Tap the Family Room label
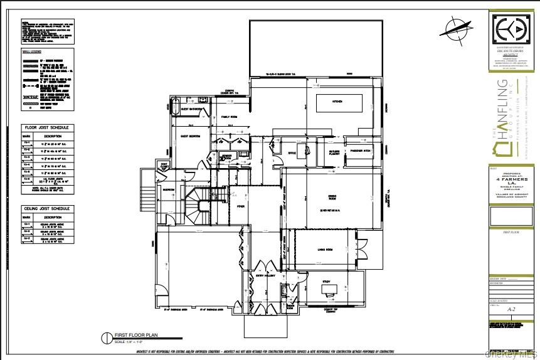coord(229,117)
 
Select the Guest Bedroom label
coord(191,135)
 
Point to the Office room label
coord(292,152)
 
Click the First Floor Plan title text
coord(133,335)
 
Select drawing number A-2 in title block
coord(511,309)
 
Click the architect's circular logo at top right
coord(512,30)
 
